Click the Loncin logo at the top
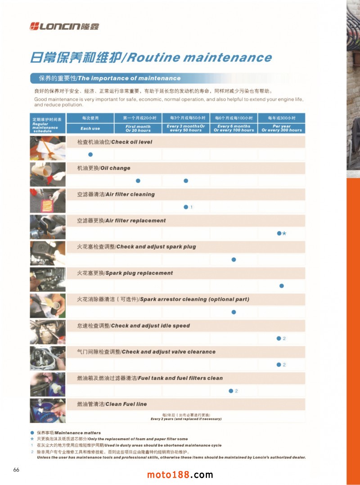64,26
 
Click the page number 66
16,470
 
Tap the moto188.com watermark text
180,475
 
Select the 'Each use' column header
90,128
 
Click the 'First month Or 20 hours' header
138,128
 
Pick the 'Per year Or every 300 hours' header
282,128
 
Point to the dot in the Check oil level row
90,154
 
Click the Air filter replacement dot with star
279,233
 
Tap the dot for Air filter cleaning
186,207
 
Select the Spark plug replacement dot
282,286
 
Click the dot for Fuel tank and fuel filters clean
231,391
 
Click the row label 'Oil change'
104,168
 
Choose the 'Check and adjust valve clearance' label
146,352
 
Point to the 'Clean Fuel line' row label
112,404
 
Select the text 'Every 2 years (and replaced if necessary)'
186,419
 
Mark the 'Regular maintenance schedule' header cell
48,123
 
